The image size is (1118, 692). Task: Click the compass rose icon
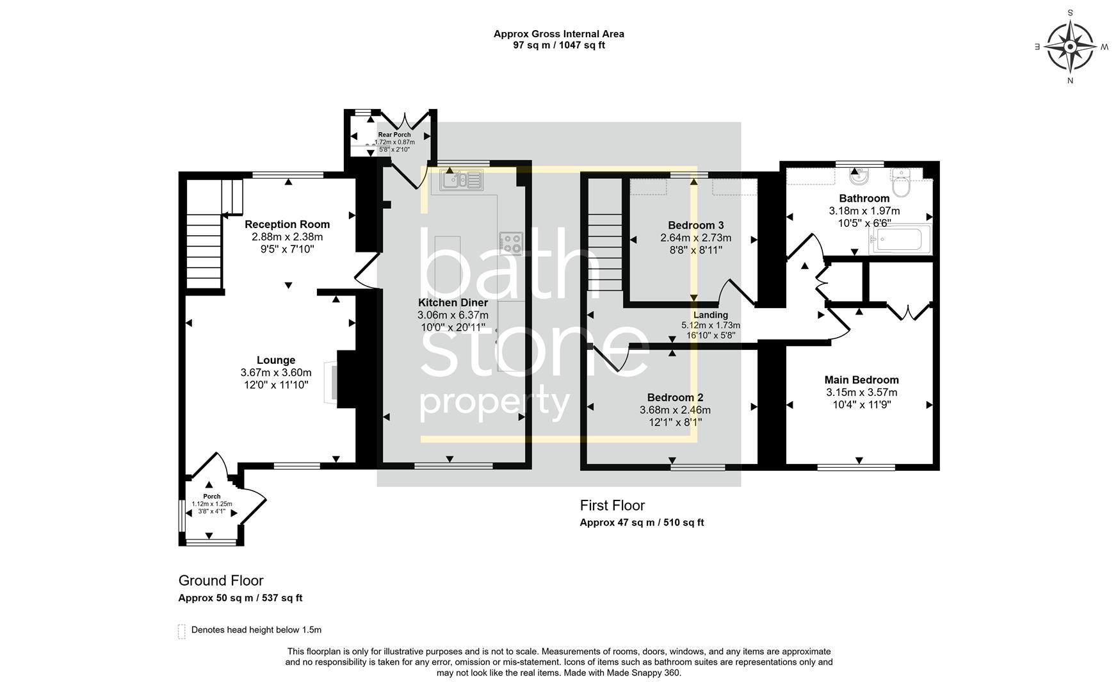pyautogui.click(x=1070, y=47)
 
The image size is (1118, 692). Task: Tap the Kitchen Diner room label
pyautogui.click(x=453, y=302)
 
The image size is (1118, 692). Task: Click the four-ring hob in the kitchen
pyautogui.click(x=510, y=243)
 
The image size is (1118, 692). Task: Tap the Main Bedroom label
pyautogui.click(x=861, y=380)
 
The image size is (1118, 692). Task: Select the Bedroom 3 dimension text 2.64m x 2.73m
pyautogui.click(x=695, y=238)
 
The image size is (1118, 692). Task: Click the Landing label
pyautogui.click(x=710, y=315)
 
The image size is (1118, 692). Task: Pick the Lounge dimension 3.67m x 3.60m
pyautogui.click(x=276, y=372)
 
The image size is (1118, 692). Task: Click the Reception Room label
pyautogui.click(x=287, y=224)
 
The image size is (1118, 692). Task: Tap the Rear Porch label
pyautogui.click(x=394, y=135)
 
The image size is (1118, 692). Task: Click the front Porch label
pyautogui.click(x=211, y=497)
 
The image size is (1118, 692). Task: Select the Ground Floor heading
pyautogui.click(x=221, y=581)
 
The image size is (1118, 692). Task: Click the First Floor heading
pyautogui.click(x=612, y=506)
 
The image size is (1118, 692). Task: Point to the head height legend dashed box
pyautogui.click(x=182, y=631)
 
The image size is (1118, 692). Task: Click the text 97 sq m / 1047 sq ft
pyautogui.click(x=558, y=45)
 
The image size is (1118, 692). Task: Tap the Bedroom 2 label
pyautogui.click(x=675, y=397)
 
